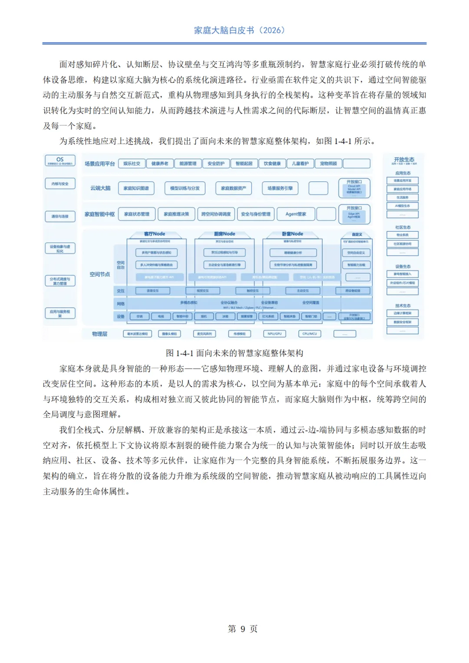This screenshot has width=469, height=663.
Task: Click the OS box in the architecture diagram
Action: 60,161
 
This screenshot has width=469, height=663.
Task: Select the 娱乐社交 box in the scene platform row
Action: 132,164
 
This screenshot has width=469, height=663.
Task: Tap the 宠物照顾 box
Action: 328,164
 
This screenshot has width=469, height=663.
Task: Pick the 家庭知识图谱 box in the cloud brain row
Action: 136,188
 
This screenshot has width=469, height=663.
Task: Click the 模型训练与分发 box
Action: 185,188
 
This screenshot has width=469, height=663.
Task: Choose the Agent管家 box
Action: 296,214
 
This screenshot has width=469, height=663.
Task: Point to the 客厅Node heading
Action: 155,234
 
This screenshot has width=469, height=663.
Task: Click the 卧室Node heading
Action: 292,234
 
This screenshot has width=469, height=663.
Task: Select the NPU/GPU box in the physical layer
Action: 274,334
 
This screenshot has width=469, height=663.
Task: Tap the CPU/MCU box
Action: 310,334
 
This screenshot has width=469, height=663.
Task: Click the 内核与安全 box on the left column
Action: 60,184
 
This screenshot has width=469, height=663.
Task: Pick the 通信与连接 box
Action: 60,216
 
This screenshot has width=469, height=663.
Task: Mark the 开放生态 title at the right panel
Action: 404,160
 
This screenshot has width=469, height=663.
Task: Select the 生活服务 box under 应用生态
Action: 403,197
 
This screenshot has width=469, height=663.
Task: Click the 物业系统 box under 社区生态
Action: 403,235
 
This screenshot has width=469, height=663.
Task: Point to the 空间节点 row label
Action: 99,274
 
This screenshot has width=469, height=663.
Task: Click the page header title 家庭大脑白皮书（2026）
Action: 239,30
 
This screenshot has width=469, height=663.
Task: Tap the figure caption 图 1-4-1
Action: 234,353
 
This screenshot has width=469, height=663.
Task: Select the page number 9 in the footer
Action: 243,629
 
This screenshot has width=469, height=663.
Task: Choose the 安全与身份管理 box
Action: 255,214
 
